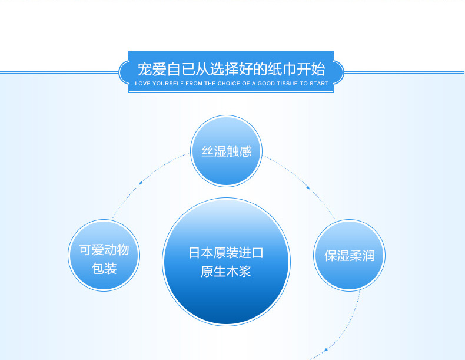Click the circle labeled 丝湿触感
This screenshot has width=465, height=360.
(x=226, y=151)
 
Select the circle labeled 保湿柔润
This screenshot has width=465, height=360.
(x=350, y=255)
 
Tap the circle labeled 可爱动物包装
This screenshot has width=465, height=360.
(x=104, y=255)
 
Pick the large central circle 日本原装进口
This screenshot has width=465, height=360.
(x=226, y=262)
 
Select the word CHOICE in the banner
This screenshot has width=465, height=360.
(x=228, y=84)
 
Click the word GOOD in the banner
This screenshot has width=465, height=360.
(x=266, y=84)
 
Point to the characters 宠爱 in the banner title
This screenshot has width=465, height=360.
(x=152, y=69)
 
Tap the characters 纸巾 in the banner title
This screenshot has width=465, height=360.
(x=282, y=69)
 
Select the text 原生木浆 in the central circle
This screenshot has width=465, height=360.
(x=226, y=272)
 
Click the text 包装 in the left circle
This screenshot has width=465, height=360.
(x=104, y=269)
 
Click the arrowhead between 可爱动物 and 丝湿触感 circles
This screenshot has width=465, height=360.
(x=141, y=183)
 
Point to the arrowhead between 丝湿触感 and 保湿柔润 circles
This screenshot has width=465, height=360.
(x=308, y=187)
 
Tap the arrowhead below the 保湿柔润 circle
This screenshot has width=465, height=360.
(x=326, y=350)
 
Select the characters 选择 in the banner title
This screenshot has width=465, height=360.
(x=224, y=69)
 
